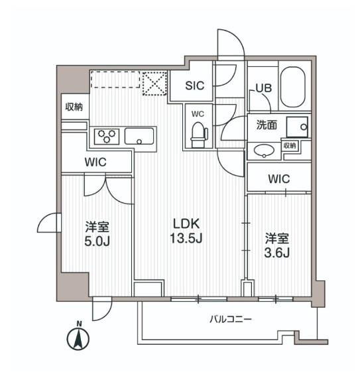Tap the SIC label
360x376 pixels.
click(x=195, y=85)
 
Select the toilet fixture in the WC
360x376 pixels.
click(x=197, y=134)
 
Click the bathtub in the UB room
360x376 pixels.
click(x=292, y=88)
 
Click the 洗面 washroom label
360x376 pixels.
click(x=267, y=124)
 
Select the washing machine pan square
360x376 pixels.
click(x=298, y=125)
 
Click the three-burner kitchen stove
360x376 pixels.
click(x=107, y=137)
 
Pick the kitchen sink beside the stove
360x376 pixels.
click(x=140, y=137)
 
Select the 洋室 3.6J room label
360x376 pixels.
click(x=277, y=245)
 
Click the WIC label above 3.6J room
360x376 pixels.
click(x=279, y=178)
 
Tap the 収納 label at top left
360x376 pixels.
click(x=74, y=107)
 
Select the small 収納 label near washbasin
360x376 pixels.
click(x=290, y=145)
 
